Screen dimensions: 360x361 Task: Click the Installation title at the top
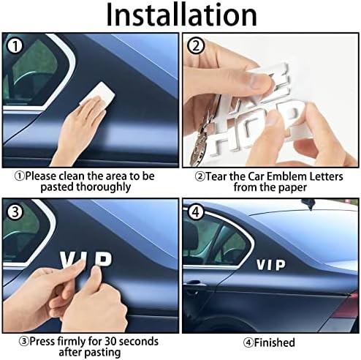click(x=180, y=15)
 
